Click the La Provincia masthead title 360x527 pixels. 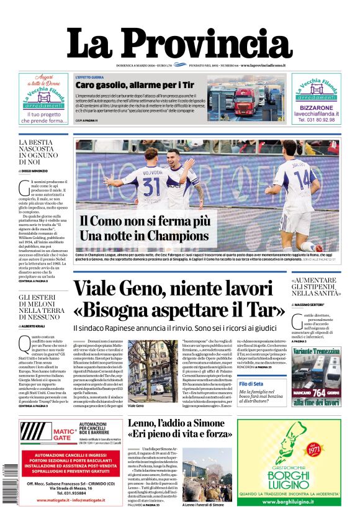point(179,43)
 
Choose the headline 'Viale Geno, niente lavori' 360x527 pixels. point(171,289)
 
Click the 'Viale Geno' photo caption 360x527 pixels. point(135,405)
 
